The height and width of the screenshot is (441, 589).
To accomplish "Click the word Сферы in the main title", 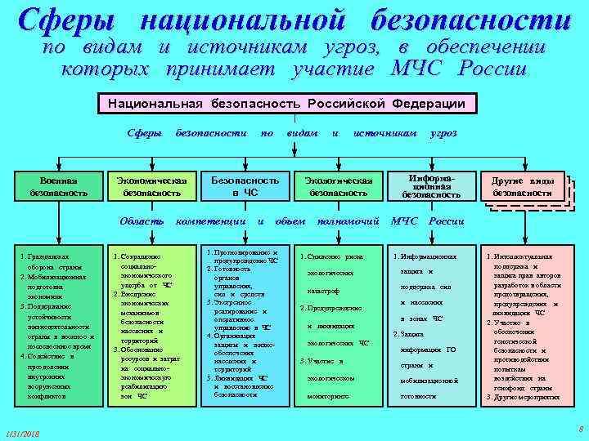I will coord(69,22).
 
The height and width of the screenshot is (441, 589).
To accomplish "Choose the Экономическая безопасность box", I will coord(151,187).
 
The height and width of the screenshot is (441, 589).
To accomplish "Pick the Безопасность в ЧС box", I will coord(245,187).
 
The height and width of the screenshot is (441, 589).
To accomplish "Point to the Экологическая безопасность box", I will coord(338,187).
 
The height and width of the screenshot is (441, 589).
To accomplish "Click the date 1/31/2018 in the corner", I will coord(24,432).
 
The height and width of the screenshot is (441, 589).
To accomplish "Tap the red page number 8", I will coord(579,429).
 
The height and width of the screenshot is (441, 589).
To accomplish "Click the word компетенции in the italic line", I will coord(214,221).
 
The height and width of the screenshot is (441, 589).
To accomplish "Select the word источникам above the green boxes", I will coord(384,132).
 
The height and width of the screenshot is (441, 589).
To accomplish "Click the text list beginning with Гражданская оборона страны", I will coord(58,327).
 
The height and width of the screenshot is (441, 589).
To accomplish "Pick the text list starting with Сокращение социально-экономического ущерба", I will coord(151,327).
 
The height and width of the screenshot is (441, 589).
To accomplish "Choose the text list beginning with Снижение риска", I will coord(338,327).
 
